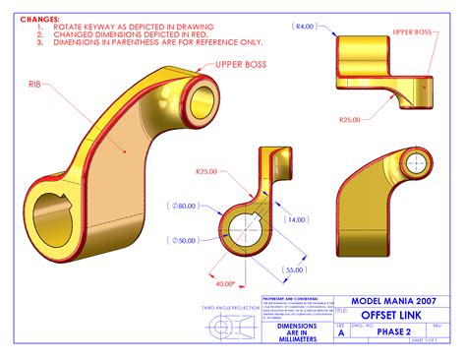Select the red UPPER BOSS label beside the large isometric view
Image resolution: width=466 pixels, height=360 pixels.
tap(241, 65)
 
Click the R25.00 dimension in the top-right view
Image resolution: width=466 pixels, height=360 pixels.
tap(349, 119)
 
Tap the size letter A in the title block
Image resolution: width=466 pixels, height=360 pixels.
tap(341, 332)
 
